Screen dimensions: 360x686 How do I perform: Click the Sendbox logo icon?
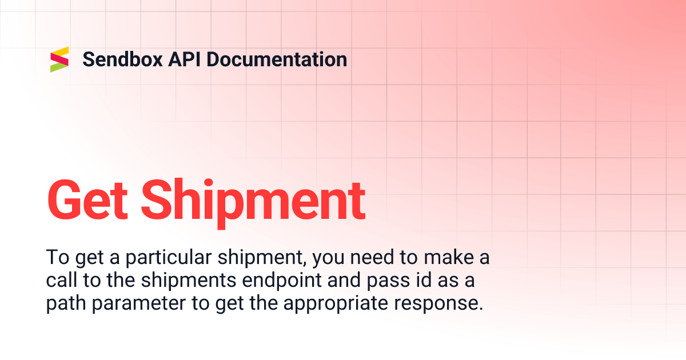(59, 59)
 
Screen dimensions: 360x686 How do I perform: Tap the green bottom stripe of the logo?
(59, 67)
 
